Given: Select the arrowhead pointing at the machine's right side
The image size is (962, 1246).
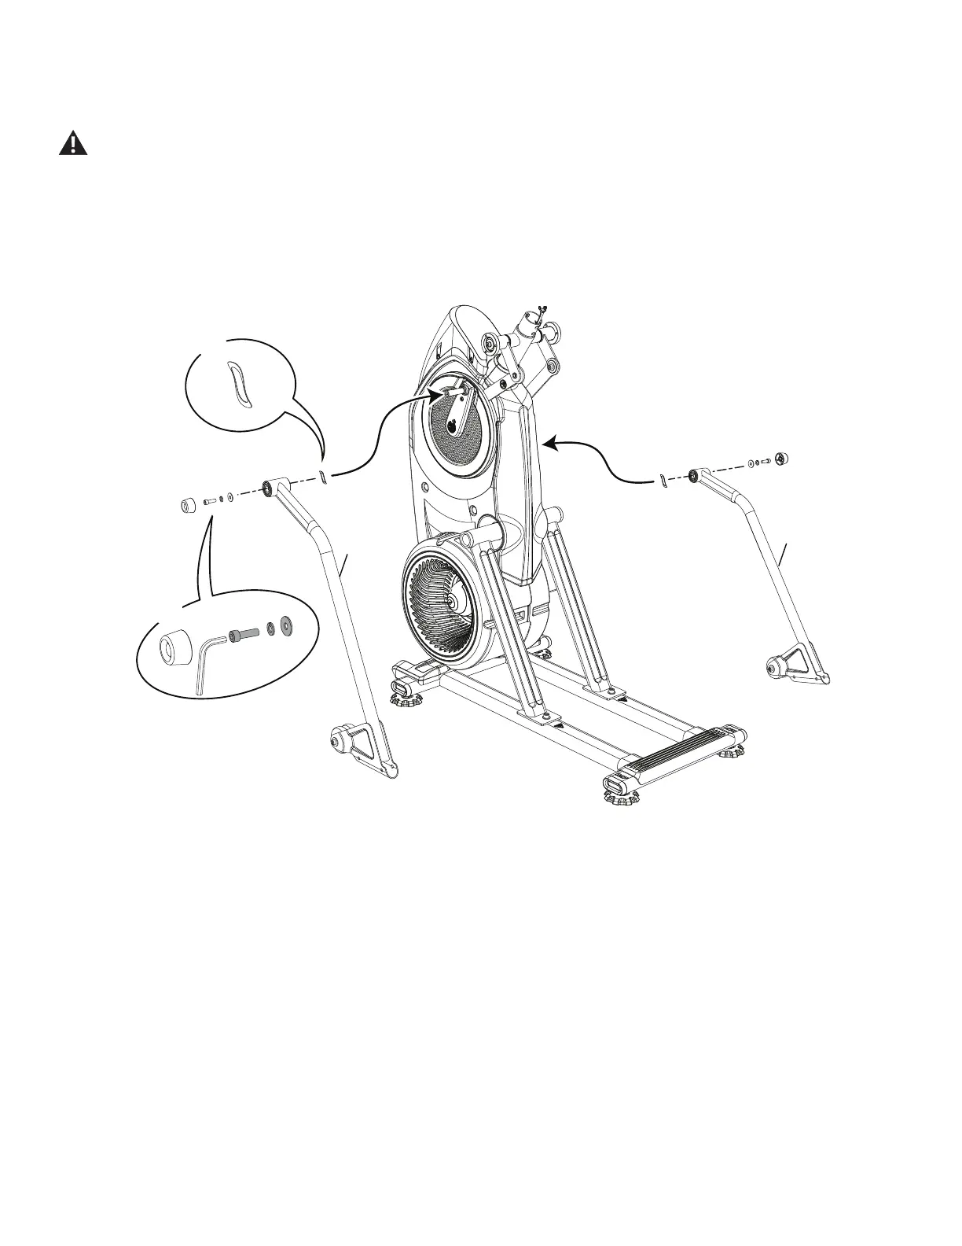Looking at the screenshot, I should coord(550,444).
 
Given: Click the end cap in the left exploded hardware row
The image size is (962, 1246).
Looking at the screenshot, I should coord(187,504).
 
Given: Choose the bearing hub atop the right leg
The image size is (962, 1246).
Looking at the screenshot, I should coord(695,475).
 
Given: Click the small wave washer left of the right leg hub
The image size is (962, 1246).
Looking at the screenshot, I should coord(663,481).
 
